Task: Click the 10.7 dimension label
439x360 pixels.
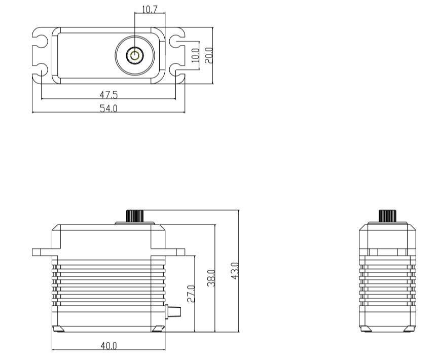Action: [x=150, y=9]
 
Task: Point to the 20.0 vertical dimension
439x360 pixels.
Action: [x=208, y=55]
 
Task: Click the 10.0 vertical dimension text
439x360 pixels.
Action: [x=195, y=55]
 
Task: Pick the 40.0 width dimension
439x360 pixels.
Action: [x=108, y=346]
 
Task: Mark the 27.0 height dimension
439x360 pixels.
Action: [x=190, y=294]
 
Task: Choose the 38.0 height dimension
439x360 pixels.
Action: [x=211, y=278]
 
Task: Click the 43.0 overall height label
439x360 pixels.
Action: [x=234, y=270]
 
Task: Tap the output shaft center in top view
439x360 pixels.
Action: [x=135, y=55]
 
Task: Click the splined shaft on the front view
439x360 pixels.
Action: [x=134, y=215]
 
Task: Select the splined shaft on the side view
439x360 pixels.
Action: [x=388, y=215]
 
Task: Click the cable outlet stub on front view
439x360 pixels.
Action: [x=174, y=310]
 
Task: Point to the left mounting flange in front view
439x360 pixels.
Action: [x=42, y=251]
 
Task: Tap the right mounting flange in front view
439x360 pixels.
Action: [x=175, y=251]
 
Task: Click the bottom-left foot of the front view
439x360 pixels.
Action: [x=58, y=329]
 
